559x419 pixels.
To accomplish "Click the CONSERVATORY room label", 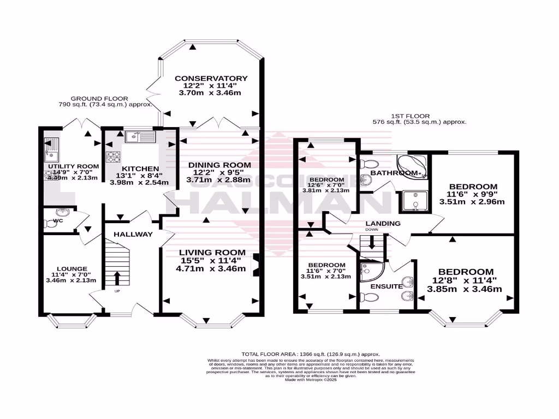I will point(211,79).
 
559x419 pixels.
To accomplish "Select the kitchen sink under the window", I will point(140,137).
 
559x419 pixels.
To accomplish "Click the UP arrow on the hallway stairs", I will point(117,278).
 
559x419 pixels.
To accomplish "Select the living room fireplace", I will point(254,265).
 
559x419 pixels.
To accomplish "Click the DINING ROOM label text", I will point(219,165).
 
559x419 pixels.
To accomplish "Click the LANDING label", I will point(383,223).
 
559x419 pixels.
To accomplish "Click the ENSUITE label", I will point(386,286).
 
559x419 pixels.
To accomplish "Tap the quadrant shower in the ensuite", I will point(371,271).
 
